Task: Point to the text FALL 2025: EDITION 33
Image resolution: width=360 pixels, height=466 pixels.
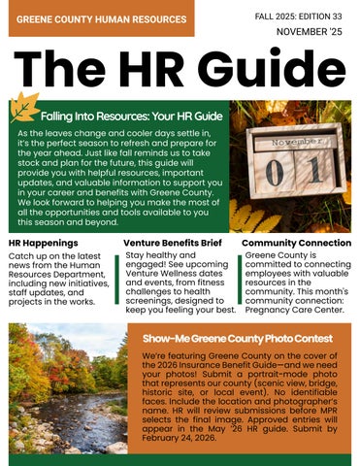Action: (x=299, y=17)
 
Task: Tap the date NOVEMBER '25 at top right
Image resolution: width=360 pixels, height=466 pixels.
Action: (x=309, y=33)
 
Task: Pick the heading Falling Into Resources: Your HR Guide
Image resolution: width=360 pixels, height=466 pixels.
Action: (x=132, y=116)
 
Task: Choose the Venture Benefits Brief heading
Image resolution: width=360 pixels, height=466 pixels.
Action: (x=173, y=242)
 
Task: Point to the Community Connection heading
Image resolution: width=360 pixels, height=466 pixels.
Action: (x=296, y=242)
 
